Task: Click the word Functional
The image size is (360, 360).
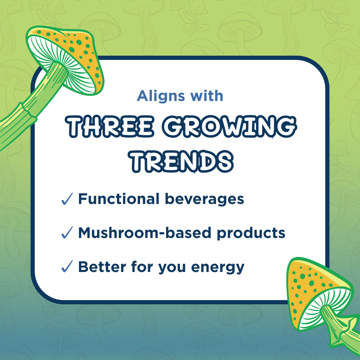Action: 119,199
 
